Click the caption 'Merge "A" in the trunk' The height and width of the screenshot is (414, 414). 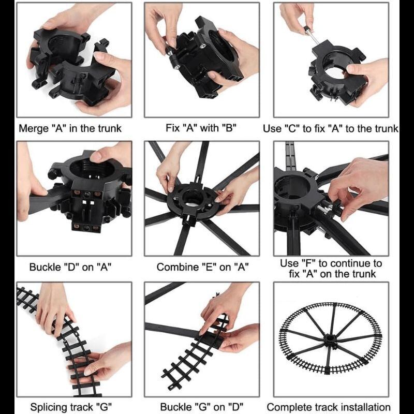tap(70, 128)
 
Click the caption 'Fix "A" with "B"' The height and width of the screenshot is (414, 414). tap(201, 128)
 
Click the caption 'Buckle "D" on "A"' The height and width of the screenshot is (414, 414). tap(70, 267)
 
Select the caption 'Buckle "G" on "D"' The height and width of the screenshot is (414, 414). tap(202, 407)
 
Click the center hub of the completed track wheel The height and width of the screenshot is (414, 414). tap(331, 339)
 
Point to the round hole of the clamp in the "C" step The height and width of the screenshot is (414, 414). tap(335, 70)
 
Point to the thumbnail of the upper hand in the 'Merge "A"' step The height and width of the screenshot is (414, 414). tap(49, 25)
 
